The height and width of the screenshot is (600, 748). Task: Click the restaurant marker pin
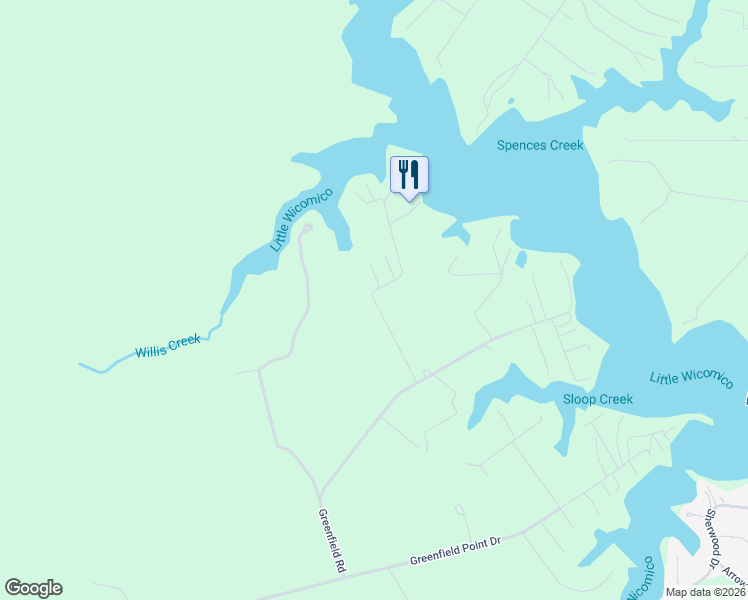click(409, 176)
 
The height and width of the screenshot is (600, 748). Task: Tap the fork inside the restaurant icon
click(403, 174)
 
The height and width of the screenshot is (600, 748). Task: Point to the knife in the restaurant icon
click(415, 174)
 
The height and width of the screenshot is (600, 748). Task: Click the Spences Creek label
click(540, 145)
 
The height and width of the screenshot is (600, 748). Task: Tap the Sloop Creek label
click(598, 399)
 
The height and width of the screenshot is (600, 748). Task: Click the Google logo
click(33, 588)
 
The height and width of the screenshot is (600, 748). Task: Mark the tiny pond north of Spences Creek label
click(510, 101)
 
